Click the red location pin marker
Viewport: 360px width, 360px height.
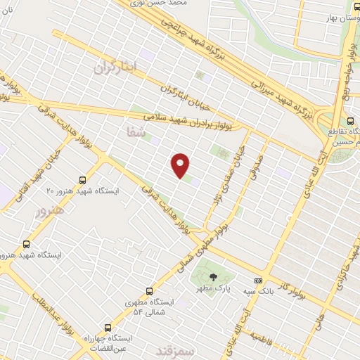[181, 165]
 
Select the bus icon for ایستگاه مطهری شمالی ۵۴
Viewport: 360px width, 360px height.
[148, 290]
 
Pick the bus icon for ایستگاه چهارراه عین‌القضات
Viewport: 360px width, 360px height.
[107, 327]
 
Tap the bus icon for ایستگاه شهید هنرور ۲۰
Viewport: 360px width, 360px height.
[83, 179]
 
